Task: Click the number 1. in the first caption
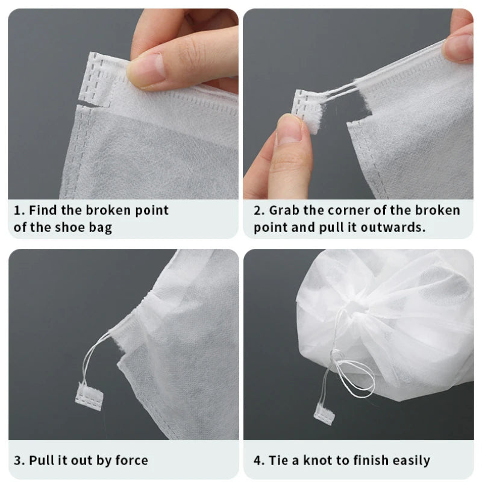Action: [x=19, y=211]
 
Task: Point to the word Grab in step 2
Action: [x=285, y=211]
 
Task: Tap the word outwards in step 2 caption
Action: [x=397, y=228]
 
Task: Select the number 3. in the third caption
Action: [x=20, y=461]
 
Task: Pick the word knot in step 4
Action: [x=318, y=461]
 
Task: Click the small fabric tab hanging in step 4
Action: [x=323, y=413]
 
